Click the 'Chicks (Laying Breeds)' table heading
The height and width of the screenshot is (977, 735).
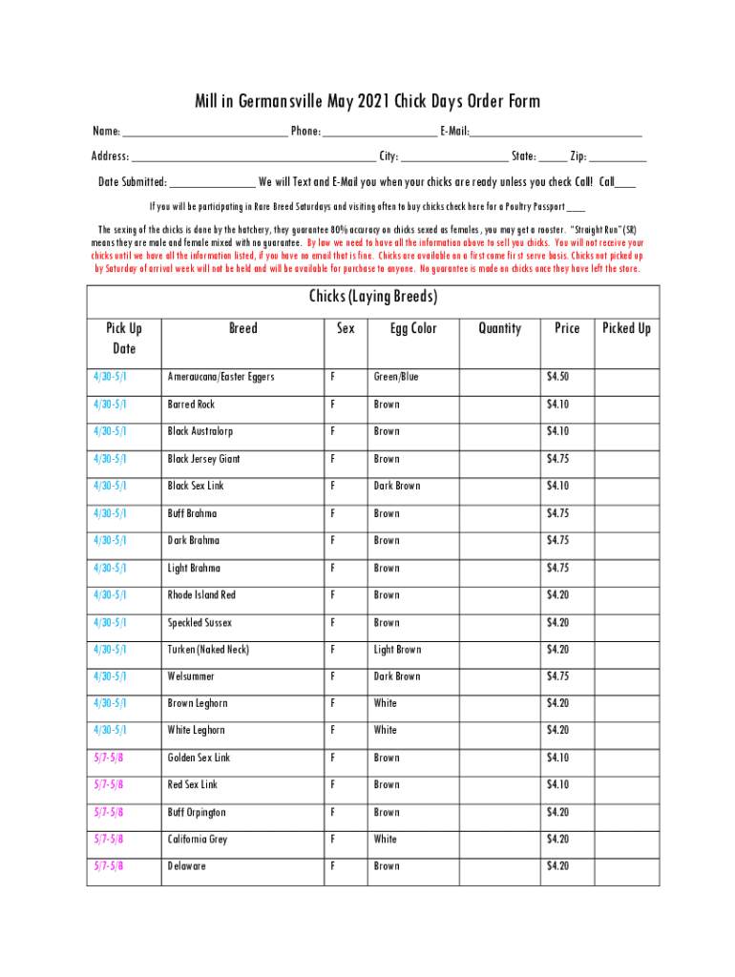(x=372, y=297)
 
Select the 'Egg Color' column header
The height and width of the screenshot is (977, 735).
(x=413, y=328)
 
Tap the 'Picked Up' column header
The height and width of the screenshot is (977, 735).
(x=626, y=328)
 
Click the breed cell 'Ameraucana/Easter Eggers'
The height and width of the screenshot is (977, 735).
(x=220, y=377)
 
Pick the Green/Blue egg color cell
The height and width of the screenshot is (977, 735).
(x=396, y=377)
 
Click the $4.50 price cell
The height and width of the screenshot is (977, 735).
(x=557, y=377)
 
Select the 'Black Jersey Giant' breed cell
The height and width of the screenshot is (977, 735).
(x=203, y=459)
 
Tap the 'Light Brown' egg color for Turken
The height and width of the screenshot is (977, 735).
(x=397, y=650)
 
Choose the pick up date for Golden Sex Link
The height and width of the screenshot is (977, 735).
(x=108, y=759)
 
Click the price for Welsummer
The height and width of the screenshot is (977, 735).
(x=557, y=676)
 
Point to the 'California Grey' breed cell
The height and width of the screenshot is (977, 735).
(x=198, y=840)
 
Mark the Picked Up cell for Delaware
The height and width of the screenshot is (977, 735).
(x=626, y=866)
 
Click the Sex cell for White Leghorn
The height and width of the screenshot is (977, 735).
(x=332, y=730)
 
